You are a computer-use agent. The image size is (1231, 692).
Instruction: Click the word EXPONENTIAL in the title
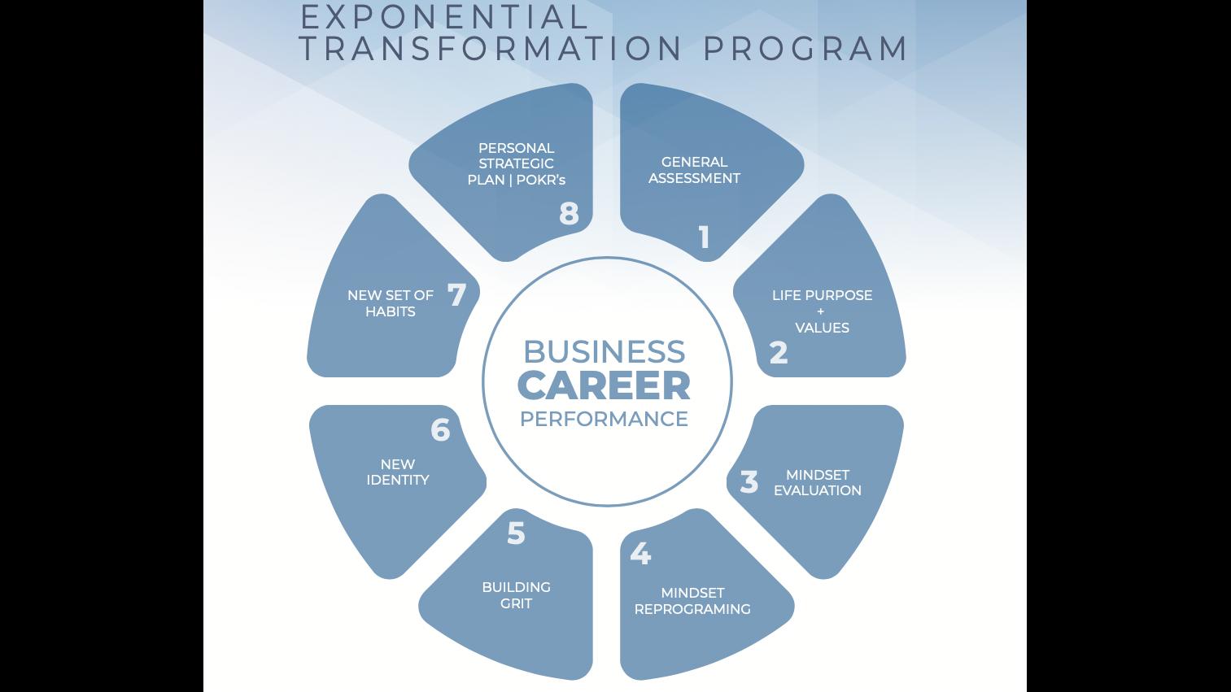(x=443, y=16)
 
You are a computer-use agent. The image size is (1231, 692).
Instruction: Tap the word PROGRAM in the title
(x=805, y=49)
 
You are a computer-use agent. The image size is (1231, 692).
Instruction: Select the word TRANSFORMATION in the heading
(x=491, y=49)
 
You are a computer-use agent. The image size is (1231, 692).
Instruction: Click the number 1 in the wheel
(x=705, y=237)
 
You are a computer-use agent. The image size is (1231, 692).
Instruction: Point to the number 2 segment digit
(x=779, y=353)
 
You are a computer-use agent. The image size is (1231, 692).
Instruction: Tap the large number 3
(x=749, y=481)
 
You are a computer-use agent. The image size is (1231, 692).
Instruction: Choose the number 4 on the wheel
(x=640, y=553)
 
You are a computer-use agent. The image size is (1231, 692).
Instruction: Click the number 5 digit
(x=516, y=533)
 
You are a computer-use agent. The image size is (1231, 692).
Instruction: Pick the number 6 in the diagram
(x=440, y=429)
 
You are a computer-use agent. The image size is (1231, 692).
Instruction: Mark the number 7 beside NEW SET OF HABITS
(x=456, y=294)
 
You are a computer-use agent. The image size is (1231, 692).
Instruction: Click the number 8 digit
(x=569, y=213)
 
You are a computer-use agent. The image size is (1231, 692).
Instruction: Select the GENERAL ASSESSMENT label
(x=694, y=170)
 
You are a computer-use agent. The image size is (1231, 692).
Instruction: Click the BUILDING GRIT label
(x=516, y=595)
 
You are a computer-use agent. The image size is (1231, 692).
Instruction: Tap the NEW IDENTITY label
(x=397, y=472)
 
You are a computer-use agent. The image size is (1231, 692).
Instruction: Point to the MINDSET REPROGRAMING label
(x=692, y=601)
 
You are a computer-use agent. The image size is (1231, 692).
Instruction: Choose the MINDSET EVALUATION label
(x=817, y=482)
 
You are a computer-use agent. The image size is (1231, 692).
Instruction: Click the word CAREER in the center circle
(x=604, y=385)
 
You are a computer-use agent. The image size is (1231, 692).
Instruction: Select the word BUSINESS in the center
(x=604, y=351)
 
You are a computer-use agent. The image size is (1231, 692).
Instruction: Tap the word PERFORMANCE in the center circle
(x=604, y=419)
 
